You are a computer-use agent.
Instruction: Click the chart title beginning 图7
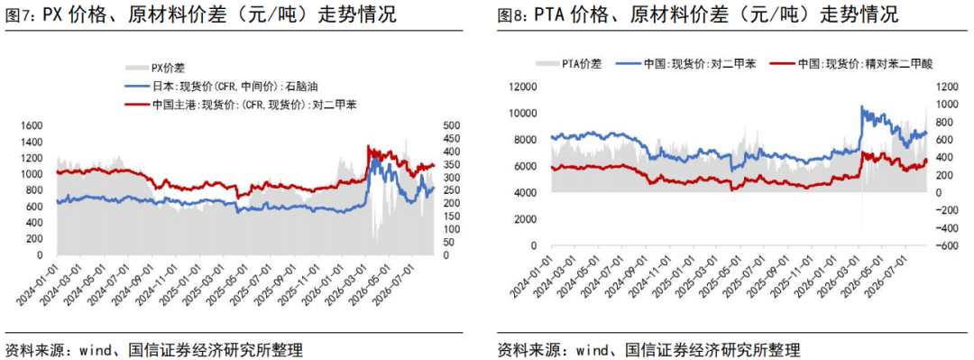pos(200,15)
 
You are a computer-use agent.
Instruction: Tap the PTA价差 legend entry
pos(568,63)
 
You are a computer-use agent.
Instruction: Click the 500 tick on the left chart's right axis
pos(448,125)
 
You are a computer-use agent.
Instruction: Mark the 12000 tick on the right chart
pos(522,87)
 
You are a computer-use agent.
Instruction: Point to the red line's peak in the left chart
pos(368,146)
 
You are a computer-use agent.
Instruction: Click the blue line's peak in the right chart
pos(861,106)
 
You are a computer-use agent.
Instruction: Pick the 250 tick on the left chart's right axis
pos(448,190)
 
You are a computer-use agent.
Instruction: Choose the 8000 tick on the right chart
pos(524,141)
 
